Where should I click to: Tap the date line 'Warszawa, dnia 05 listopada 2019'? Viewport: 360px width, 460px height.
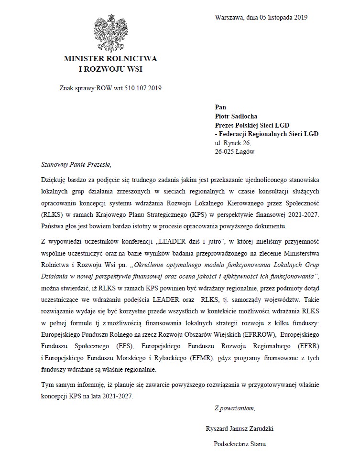261,17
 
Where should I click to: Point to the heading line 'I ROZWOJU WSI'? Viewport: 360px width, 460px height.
110,69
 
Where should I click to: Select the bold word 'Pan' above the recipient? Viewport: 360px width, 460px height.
220,107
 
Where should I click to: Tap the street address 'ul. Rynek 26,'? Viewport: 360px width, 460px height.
233,143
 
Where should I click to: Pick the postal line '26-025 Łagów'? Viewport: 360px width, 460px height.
235,152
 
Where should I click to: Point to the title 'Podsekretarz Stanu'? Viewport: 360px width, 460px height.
240,444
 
